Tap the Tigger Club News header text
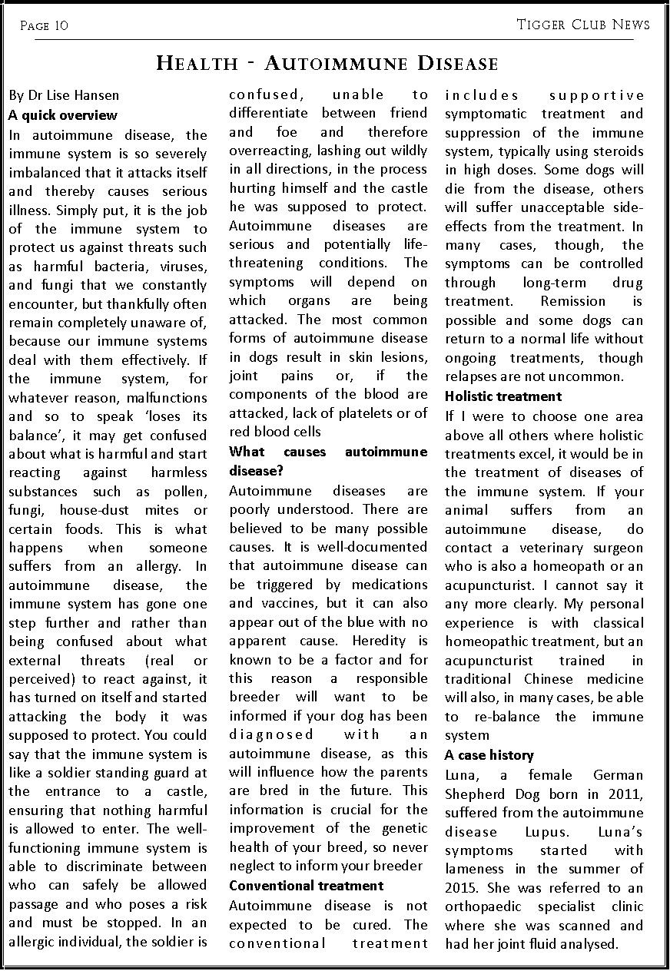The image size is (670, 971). tap(583, 25)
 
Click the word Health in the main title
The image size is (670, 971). tap(197, 63)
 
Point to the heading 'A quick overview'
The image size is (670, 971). tap(63, 115)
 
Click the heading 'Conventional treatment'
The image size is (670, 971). tap(306, 886)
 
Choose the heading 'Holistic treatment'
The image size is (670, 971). tap(503, 396)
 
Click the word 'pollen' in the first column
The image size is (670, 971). tap(187, 492)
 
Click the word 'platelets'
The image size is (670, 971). tap(348, 413)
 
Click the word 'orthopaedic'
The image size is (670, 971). tap(483, 907)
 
